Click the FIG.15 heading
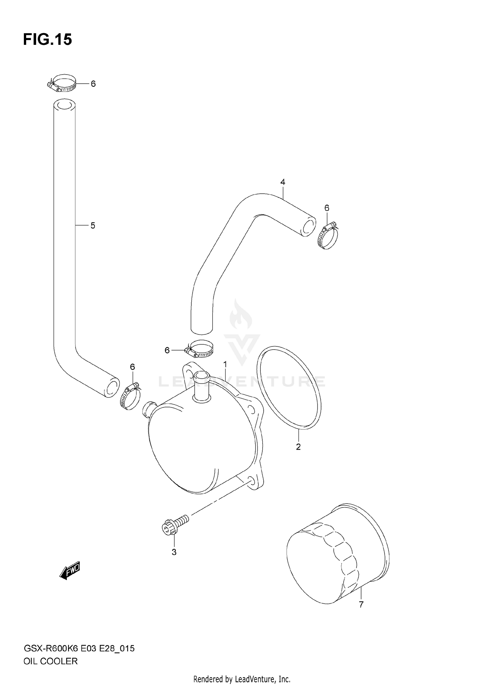47,40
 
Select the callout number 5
93,226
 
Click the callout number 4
283,182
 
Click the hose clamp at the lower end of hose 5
130,397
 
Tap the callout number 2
298,447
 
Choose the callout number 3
174,552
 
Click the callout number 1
225,365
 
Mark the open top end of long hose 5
64,105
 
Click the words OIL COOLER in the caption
51,661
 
